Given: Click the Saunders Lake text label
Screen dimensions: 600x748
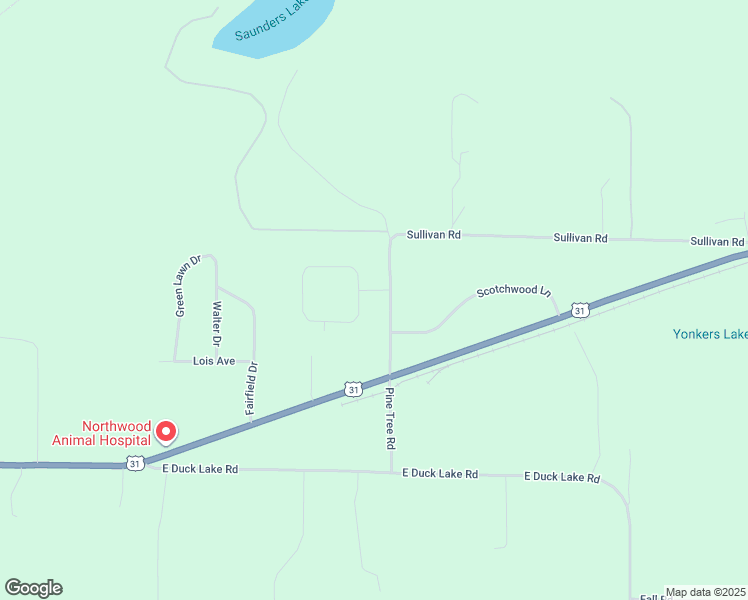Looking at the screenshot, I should pos(270,21).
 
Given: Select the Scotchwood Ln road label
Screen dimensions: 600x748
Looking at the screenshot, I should pos(514,291).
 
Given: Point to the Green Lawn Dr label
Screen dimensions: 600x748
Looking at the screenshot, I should pos(188,286).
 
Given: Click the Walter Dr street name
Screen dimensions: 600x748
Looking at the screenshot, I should pos(216,323).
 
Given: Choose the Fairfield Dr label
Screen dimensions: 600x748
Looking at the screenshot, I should pos(253,388).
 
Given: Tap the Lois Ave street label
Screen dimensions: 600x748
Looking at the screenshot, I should pos(214,360).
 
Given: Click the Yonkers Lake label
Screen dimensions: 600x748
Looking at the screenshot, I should pos(710,334).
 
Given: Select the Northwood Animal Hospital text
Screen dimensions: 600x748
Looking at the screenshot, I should pos(102,431).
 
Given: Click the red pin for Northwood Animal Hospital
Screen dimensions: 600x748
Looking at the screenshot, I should pos(165,432).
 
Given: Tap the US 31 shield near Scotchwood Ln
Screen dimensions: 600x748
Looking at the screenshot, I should pos(580,311).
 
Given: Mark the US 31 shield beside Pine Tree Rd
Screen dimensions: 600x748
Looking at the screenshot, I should pos(352,388).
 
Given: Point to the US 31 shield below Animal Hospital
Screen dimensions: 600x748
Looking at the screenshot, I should pos(135,463).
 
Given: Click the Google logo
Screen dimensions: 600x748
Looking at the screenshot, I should pos(33,588).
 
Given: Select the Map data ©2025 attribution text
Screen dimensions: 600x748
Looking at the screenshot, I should pos(705,592).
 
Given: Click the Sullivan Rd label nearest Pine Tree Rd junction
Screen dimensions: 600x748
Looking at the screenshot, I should pos(433,235).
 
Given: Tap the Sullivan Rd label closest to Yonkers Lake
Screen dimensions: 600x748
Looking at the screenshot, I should pos(717,242).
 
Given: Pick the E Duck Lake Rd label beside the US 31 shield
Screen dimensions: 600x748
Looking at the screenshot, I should pos(200,468).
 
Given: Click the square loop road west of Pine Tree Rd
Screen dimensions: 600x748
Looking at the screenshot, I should pos(331,294).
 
